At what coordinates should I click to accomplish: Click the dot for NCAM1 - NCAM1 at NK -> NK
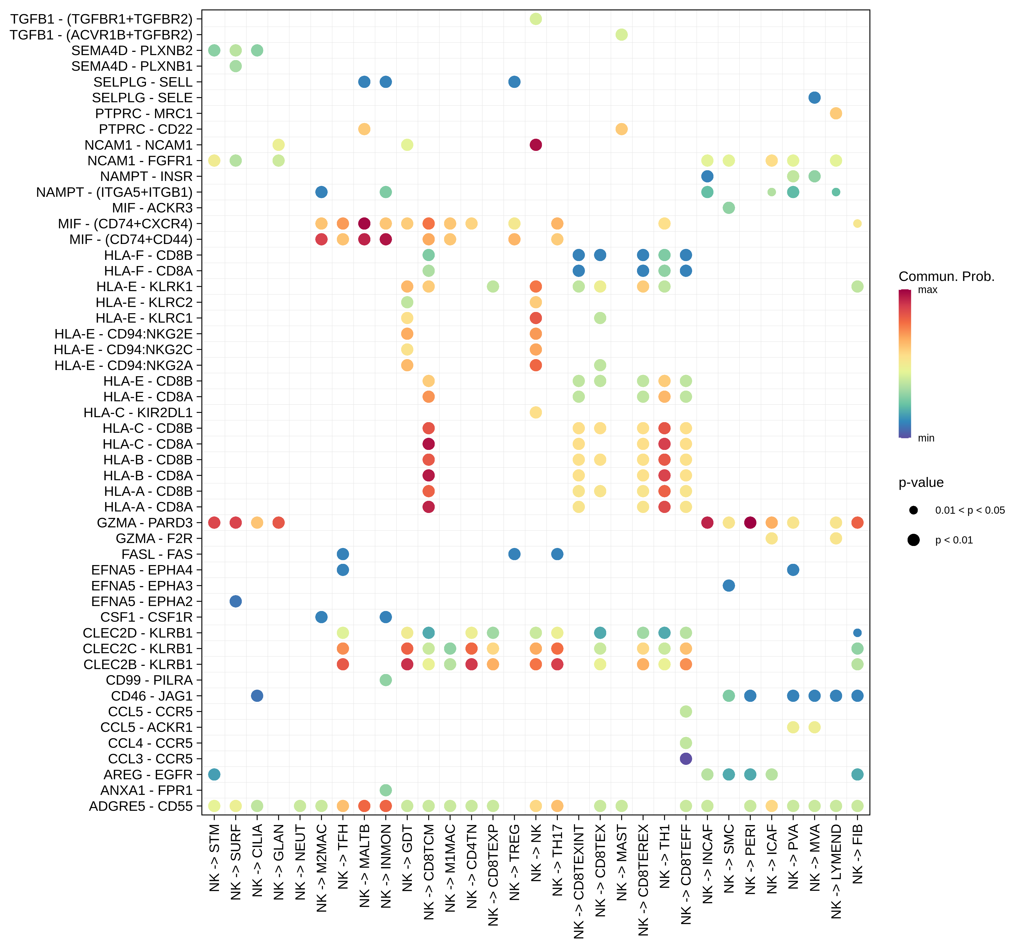coord(536,145)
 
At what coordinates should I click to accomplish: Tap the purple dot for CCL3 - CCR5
coord(686,758)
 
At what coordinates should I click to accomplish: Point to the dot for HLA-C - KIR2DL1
coord(536,412)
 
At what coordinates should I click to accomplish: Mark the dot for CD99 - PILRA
coord(386,680)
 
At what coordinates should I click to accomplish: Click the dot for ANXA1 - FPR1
coord(386,790)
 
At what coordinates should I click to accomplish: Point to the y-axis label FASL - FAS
coord(157,554)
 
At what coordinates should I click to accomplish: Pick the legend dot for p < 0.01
coord(913,540)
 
